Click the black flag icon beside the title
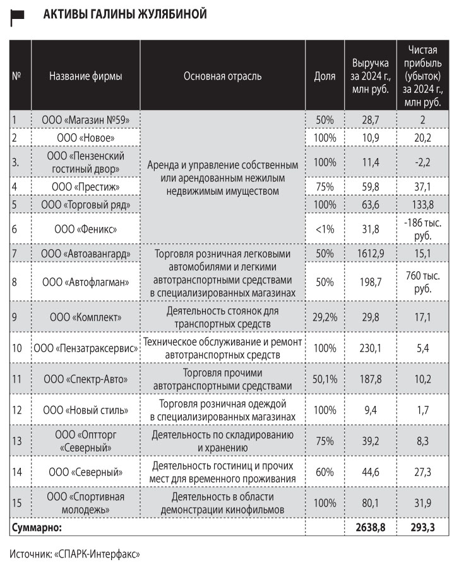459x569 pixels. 17,18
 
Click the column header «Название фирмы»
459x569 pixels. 85,76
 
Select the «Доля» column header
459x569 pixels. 325,76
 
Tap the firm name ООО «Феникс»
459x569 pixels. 85,228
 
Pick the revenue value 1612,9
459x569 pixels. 371,254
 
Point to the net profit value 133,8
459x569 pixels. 422,204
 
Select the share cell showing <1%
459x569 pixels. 325,228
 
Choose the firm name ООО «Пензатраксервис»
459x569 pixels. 85,348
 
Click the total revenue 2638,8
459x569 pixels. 371,526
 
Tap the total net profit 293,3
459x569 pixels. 422,526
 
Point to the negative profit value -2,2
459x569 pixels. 422,162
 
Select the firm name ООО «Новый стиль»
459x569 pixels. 85,410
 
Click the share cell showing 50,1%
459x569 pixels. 325,379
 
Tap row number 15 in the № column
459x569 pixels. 18,503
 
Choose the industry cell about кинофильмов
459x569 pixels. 222,503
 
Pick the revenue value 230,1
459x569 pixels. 371,348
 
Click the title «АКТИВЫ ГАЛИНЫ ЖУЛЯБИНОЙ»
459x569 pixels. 124,14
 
